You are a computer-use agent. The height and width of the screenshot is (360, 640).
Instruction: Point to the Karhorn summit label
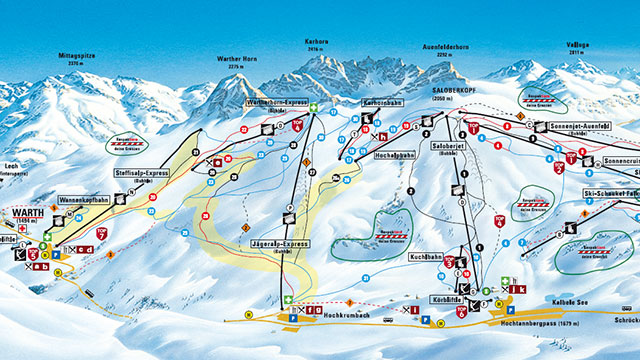pos(317,42)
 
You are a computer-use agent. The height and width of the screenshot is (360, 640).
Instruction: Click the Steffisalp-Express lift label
pos(141,173)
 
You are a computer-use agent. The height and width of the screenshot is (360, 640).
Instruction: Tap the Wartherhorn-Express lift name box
pos(274,102)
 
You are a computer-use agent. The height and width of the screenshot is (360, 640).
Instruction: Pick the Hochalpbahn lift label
pos(393,155)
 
